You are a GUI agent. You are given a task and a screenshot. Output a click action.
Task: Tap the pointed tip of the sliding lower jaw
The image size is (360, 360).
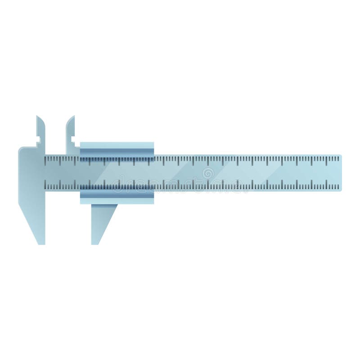pyautogui.click(x=95, y=243)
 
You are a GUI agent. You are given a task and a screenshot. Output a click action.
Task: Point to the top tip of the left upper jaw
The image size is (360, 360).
pyautogui.click(x=38, y=117)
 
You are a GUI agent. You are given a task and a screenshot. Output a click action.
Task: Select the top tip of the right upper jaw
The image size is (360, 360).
pyautogui.click(x=73, y=117)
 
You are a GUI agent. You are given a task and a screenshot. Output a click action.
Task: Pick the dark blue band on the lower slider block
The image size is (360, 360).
pyautogui.click(x=117, y=188)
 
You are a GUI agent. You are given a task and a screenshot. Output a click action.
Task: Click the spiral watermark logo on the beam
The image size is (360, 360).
pyautogui.click(x=208, y=173)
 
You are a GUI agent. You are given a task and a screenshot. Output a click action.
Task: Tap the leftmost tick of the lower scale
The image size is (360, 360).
pyautogui.click(x=46, y=185)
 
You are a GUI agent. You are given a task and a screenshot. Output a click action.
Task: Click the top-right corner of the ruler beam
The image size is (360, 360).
pyautogui.click(x=341, y=155)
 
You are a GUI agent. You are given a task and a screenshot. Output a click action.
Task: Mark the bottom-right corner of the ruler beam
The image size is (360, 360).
pyautogui.click(x=341, y=189)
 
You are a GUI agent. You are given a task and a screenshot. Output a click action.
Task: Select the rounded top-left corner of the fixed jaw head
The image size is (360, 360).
pyautogui.click(x=20, y=149)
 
